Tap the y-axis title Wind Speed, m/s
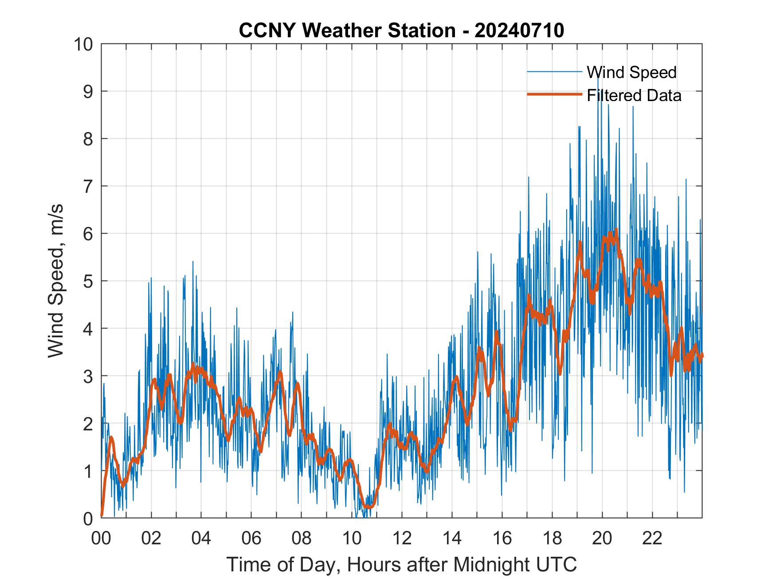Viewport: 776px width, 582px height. point(56,281)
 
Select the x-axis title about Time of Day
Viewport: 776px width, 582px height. point(402,565)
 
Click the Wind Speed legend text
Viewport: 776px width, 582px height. point(631,72)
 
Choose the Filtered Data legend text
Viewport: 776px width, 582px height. point(634,95)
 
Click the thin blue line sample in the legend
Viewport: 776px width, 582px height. point(554,72)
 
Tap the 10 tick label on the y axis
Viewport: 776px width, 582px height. point(84,44)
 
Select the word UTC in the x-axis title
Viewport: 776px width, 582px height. point(558,565)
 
